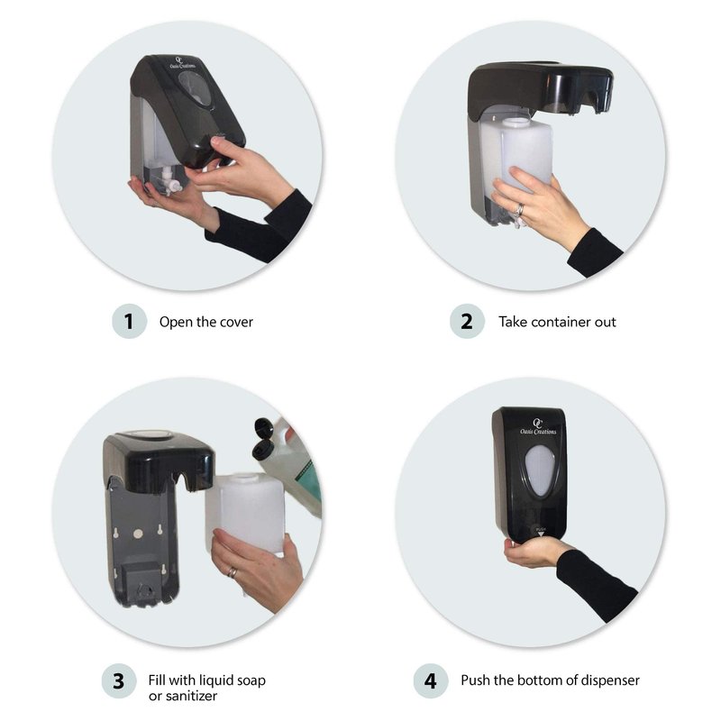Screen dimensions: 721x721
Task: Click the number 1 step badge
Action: [129, 322]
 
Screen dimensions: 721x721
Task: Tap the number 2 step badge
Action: [467, 322]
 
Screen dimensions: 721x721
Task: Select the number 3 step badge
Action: [119, 681]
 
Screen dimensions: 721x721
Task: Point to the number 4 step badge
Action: [431, 681]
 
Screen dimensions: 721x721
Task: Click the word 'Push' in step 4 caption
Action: [475, 680]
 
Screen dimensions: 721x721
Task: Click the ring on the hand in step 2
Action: [519, 211]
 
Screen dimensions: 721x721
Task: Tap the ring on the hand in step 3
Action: [233, 572]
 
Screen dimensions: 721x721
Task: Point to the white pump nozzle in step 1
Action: [170, 182]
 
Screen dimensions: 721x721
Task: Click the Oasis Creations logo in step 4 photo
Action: [537, 427]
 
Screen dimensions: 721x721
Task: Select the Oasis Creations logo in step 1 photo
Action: [182, 63]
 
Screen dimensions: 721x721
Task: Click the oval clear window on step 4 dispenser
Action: [541, 470]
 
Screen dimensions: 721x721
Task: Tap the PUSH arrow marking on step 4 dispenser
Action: [541, 532]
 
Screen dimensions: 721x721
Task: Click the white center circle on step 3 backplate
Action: [138, 534]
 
